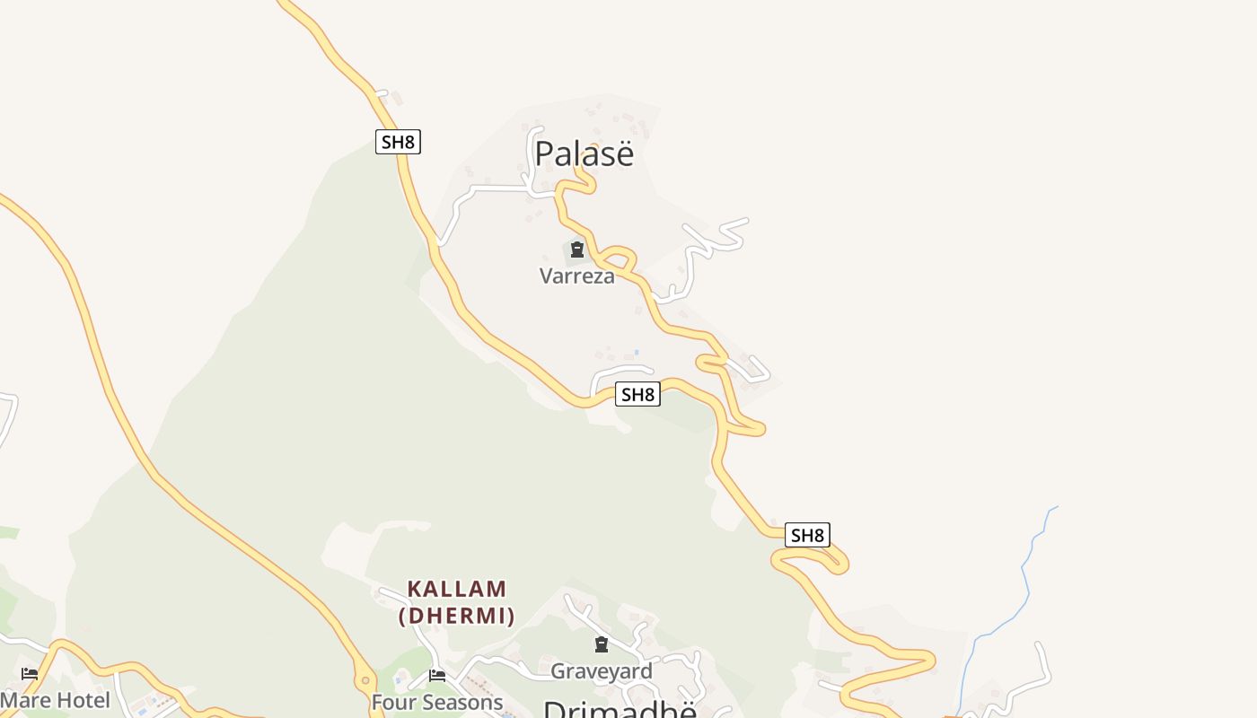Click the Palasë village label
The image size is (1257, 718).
(584, 153)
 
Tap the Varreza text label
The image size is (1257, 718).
(577, 276)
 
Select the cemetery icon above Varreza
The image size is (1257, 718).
(577, 250)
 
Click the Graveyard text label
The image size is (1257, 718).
(602, 670)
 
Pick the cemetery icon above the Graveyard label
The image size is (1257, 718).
(602, 644)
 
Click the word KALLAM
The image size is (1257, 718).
(457, 590)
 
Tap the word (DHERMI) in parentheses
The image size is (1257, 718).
(457, 616)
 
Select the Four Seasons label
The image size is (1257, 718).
(437, 702)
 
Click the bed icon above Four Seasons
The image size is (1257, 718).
(437, 675)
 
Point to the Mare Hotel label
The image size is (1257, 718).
(55, 700)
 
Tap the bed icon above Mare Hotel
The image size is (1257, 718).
(30, 673)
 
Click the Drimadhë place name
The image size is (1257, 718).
(620, 709)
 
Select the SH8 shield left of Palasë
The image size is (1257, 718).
(398, 141)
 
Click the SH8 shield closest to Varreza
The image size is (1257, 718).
(637, 394)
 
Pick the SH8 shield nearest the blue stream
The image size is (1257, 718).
(807, 536)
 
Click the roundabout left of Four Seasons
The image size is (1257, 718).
(365, 675)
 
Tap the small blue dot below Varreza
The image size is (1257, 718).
(637, 352)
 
